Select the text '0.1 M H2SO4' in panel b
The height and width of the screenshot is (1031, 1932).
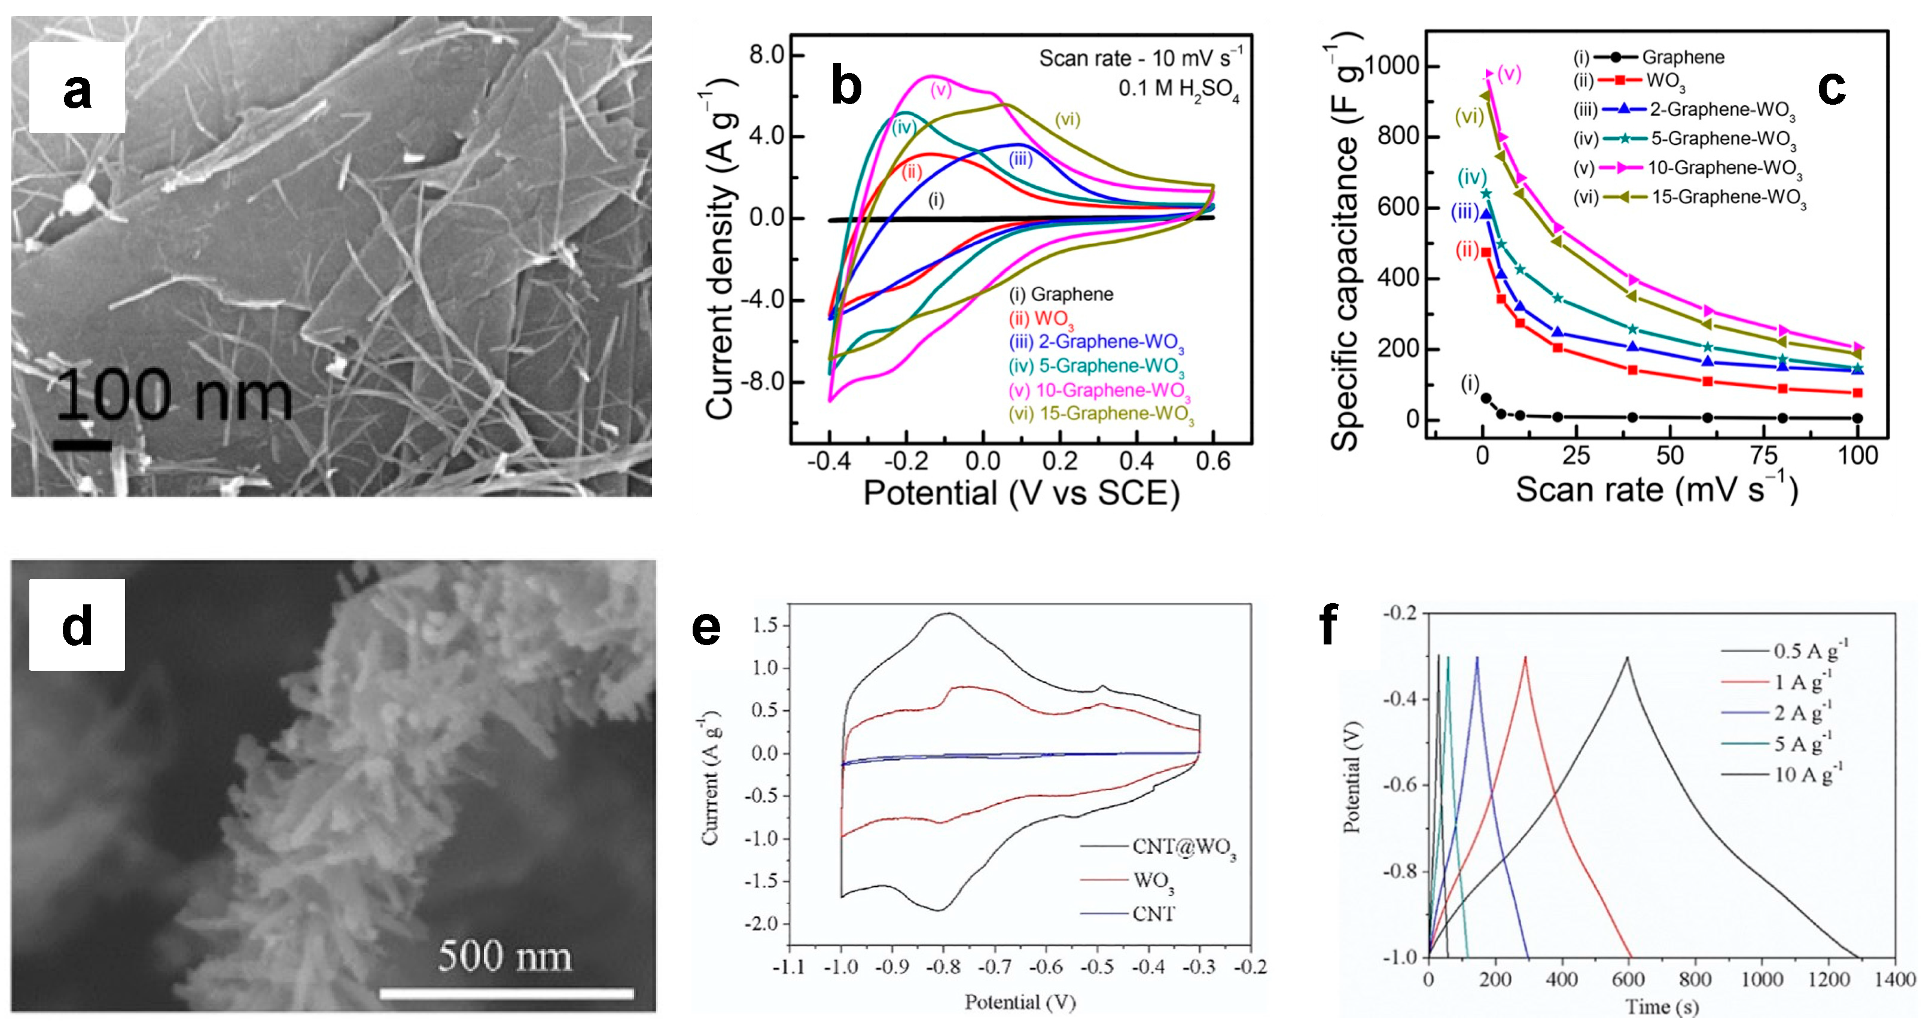[1178, 89]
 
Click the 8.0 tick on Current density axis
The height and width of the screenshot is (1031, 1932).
[766, 55]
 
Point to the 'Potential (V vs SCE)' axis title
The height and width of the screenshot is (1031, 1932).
[1021, 494]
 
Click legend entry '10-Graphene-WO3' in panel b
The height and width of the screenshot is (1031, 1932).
[1099, 390]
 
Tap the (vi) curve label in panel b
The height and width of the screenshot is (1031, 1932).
[1067, 118]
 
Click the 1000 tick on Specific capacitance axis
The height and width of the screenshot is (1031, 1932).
[1392, 66]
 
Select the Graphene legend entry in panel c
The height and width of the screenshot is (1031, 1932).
[1682, 57]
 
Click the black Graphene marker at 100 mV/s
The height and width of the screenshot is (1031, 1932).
[1857, 418]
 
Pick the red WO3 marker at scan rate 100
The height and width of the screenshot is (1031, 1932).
[1857, 393]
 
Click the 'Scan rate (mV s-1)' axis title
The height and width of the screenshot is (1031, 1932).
[1656, 490]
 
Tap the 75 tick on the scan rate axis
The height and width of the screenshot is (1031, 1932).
[1763, 455]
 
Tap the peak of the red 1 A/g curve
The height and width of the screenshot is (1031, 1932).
[1525, 658]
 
